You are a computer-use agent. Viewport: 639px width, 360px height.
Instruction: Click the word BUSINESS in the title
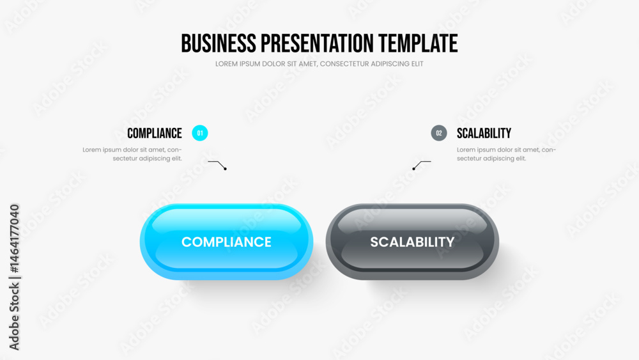[x=219, y=43]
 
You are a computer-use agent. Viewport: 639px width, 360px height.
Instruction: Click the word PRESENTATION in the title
[x=317, y=43]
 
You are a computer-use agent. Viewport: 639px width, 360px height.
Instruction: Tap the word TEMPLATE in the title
[x=418, y=43]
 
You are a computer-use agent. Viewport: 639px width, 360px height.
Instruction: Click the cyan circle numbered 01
[x=199, y=133]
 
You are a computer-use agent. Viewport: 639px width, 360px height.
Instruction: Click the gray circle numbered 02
[x=439, y=133]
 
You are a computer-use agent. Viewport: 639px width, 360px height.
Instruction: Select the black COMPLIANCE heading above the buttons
[x=155, y=133]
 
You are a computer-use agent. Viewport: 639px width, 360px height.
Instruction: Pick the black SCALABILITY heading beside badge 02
[x=484, y=133]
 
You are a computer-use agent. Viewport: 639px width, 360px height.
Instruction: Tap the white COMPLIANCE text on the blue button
[x=226, y=242]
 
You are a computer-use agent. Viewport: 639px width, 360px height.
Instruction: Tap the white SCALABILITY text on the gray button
[x=412, y=242]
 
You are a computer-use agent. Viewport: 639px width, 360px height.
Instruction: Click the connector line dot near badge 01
[x=225, y=168]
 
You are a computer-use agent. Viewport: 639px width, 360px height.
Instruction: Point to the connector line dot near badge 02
[x=413, y=168]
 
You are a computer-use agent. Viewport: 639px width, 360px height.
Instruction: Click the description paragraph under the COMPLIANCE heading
[x=132, y=154]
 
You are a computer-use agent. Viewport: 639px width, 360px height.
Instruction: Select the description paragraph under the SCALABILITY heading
[x=506, y=154]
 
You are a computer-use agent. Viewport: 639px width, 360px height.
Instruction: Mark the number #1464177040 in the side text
[x=14, y=239]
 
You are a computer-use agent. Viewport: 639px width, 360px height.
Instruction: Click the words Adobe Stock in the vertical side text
[x=14, y=317]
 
